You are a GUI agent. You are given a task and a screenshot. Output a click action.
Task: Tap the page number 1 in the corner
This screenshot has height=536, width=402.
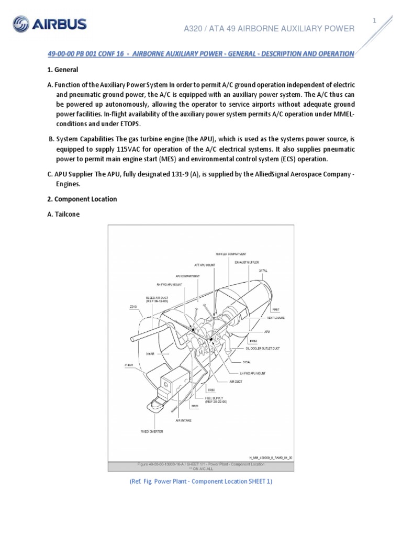[x=374, y=20]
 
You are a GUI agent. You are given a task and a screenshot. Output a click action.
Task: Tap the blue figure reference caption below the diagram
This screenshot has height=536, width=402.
[x=201, y=482]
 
